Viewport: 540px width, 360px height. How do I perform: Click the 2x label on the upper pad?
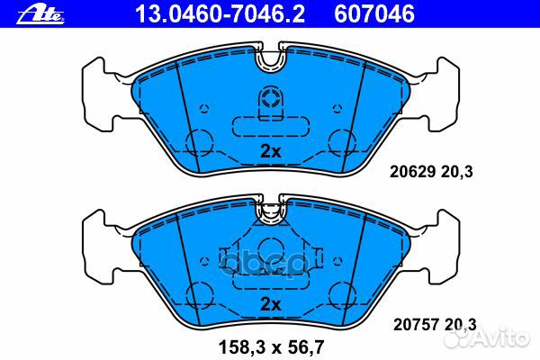pyautogui.click(x=271, y=152)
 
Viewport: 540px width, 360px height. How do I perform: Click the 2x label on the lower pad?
pyautogui.click(x=271, y=304)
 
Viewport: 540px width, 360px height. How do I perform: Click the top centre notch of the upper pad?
pyautogui.click(x=270, y=61)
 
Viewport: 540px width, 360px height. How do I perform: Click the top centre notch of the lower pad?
pyautogui.click(x=270, y=212)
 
